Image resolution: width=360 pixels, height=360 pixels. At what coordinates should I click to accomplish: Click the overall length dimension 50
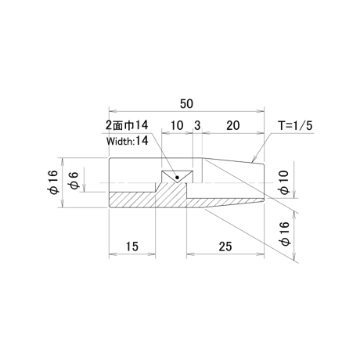point(186,104)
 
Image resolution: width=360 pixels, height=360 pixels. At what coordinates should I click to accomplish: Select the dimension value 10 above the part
point(177,125)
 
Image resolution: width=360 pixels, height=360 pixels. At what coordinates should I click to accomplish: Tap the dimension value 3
point(197,125)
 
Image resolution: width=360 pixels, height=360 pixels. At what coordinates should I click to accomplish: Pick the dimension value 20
point(232,125)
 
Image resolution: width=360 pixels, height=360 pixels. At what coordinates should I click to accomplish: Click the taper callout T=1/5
point(295,126)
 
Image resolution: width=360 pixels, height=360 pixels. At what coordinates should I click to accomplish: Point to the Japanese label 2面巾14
point(127,125)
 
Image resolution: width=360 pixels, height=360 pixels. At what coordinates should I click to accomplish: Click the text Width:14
point(127,141)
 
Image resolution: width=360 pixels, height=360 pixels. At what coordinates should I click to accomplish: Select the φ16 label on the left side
point(52,182)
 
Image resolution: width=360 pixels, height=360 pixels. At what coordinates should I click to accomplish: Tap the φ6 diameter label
point(74,180)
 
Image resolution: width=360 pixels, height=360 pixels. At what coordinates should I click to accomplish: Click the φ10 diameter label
point(284,182)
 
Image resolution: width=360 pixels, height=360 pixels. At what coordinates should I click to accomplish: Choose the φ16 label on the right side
point(284,233)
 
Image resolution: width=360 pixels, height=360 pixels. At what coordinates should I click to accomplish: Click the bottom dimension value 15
point(132,247)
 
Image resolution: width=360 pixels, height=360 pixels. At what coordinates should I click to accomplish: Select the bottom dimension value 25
point(225,247)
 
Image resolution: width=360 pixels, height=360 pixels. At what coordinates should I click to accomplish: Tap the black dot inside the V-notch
point(177,178)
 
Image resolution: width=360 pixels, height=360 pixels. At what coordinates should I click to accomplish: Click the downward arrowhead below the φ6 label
point(85,188)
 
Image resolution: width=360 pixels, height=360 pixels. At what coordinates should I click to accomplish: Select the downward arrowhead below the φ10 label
point(294,194)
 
